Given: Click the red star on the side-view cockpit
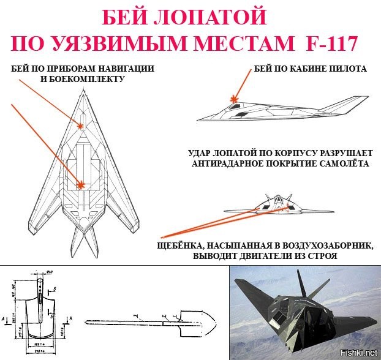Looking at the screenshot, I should tap(233, 98).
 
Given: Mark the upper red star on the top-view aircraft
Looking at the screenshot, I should tap(81, 126).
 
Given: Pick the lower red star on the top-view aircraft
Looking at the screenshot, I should tap(81, 183).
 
